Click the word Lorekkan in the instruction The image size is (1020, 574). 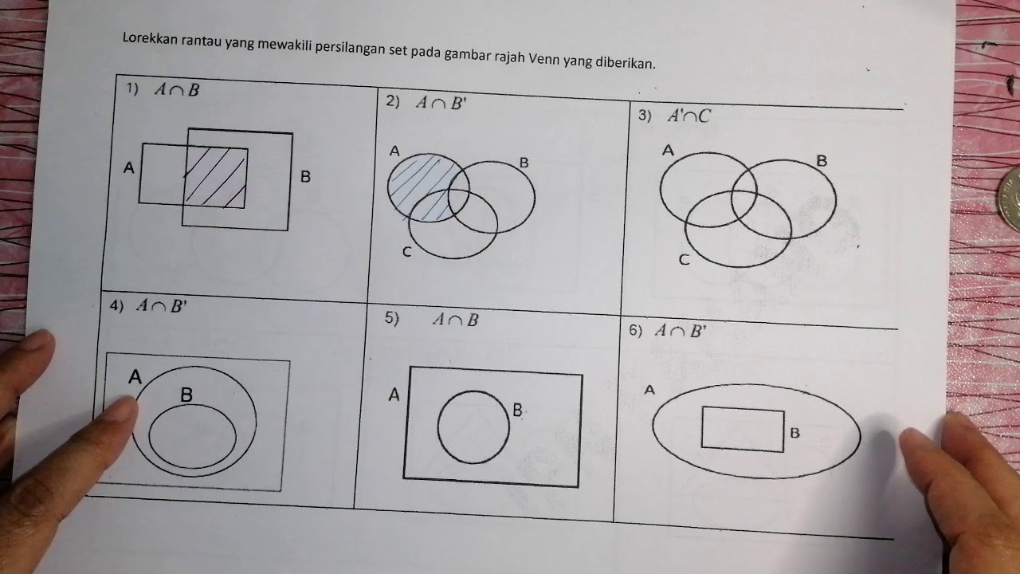tap(147, 37)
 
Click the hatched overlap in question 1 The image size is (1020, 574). tap(216, 176)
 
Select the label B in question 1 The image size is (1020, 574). tap(305, 177)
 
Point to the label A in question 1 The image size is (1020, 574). tap(129, 168)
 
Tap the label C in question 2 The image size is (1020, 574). tap(406, 253)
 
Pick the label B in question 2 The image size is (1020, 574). tap(524, 163)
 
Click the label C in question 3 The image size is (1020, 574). tap(684, 259)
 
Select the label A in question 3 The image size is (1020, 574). tap(668, 150)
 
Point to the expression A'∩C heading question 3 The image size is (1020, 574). tap(689, 116)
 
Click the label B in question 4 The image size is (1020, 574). tap(186, 394)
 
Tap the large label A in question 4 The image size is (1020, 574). tap(135, 376)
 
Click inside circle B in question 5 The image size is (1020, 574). tap(473, 427)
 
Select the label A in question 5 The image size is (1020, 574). tap(394, 394)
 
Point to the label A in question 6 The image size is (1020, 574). tap(649, 390)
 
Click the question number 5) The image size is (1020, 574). tap(391, 318)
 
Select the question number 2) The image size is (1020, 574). tap(392, 101)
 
